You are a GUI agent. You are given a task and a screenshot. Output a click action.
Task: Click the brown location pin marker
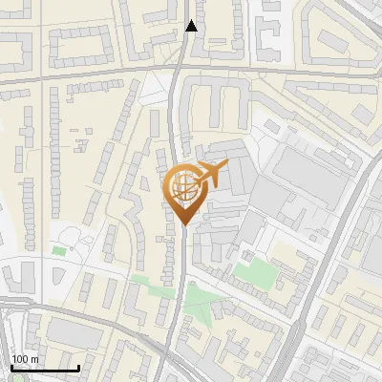click(181, 190)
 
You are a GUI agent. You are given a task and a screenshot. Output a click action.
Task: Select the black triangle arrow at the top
click(191, 26)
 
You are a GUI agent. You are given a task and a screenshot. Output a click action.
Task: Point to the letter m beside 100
click(34, 358)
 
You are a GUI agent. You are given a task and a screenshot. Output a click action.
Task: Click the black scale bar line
click(45, 368)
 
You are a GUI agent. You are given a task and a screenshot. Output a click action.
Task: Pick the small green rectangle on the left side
click(59, 250)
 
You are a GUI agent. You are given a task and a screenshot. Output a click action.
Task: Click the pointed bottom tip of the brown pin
click(181, 223)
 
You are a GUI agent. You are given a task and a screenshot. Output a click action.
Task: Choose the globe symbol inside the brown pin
click(180, 184)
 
